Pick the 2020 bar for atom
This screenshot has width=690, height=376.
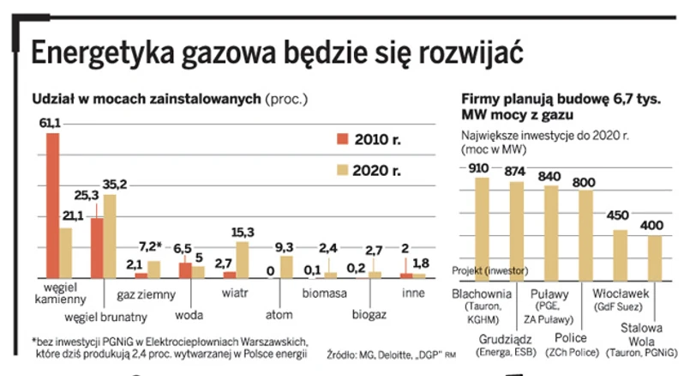(287, 266)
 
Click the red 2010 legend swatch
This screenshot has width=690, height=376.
(340, 139)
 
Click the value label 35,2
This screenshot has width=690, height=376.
(114, 185)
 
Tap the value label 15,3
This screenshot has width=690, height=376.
(243, 232)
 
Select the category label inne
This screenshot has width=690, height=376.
(415, 294)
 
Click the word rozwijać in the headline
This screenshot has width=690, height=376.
(471, 53)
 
